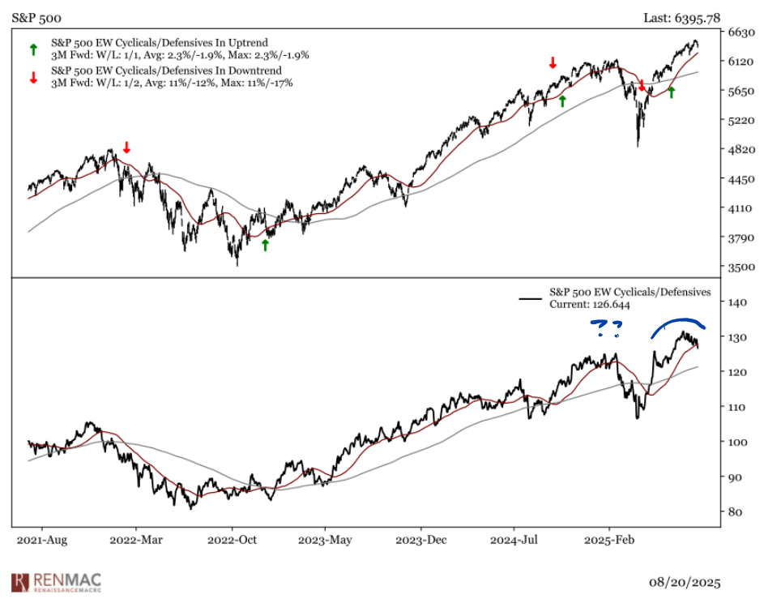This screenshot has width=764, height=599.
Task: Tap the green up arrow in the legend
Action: pos(33,49)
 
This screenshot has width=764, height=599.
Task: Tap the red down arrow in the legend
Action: pos(33,78)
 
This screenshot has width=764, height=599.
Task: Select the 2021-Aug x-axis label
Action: pos(41,538)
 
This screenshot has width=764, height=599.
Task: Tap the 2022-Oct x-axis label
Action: pos(233,538)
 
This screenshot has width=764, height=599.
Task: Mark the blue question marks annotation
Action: pos(607,328)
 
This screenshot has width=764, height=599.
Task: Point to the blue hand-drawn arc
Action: pos(679,322)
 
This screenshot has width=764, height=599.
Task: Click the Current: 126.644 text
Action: pos(590,306)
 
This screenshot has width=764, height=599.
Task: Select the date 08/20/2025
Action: pos(684,582)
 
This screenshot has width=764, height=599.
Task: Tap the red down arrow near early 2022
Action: pos(126,148)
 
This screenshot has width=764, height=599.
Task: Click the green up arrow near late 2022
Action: pos(265,245)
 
